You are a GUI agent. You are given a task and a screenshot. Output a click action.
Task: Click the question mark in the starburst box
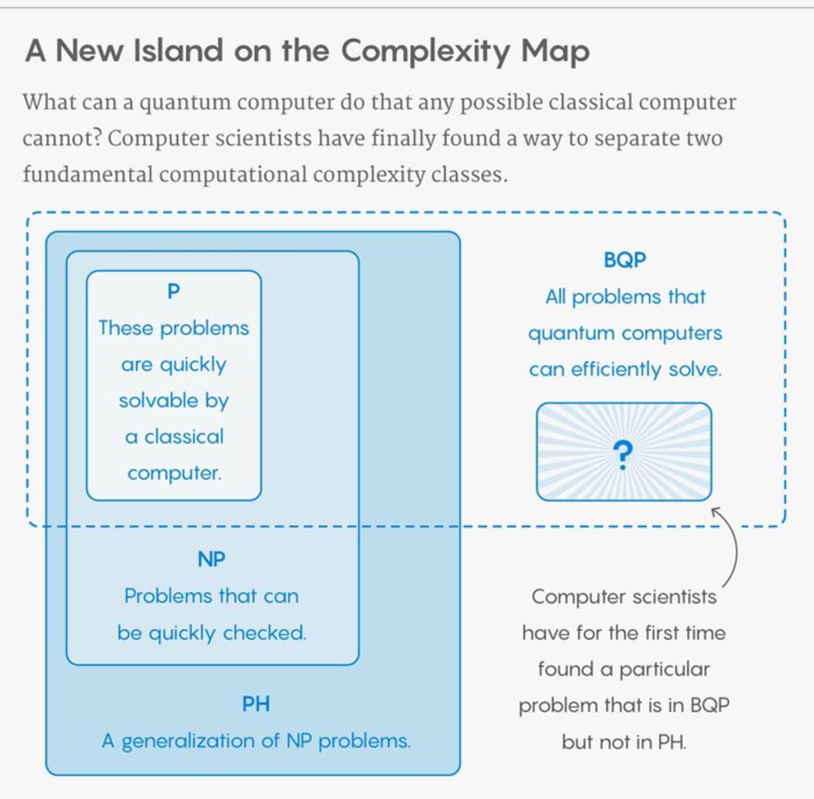pyautogui.click(x=623, y=455)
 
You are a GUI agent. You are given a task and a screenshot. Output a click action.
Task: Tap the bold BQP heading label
pyautogui.click(x=625, y=260)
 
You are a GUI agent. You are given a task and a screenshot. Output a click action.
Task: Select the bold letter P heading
pyautogui.click(x=173, y=291)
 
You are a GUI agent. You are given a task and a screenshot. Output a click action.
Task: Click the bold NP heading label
pyautogui.click(x=211, y=560)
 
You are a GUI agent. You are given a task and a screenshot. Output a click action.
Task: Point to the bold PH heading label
pyautogui.click(x=256, y=704)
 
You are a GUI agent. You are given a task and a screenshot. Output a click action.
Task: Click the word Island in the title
pyautogui.click(x=178, y=50)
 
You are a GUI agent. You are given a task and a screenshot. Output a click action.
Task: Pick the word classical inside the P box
pyautogui.click(x=184, y=437)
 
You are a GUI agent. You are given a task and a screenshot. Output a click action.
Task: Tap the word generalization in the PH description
pyautogui.click(x=188, y=742)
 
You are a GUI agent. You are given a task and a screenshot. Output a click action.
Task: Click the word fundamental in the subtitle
pyautogui.click(x=87, y=174)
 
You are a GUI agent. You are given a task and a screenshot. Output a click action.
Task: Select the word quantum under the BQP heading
pyautogui.click(x=571, y=334)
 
